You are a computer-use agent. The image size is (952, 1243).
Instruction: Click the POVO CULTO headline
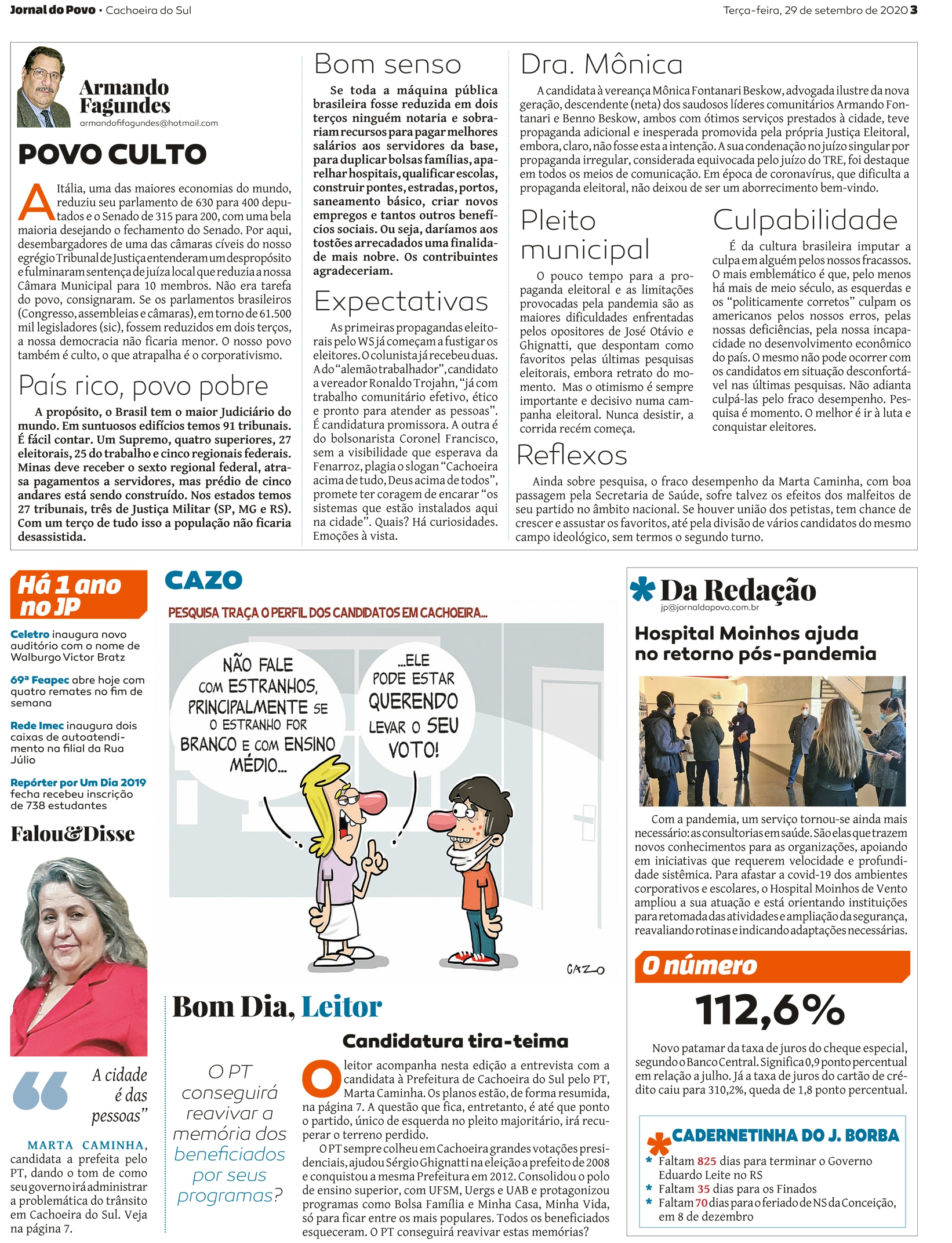click(112, 154)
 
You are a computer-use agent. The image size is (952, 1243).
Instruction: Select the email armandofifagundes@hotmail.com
click(148, 123)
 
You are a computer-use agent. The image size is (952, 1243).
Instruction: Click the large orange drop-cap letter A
click(36, 203)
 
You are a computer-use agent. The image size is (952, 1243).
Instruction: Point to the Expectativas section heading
click(401, 301)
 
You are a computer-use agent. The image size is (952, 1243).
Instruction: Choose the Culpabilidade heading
click(805, 220)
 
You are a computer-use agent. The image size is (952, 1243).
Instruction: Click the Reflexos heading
click(571, 455)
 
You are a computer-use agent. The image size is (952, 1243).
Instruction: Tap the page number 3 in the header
click(914, 10)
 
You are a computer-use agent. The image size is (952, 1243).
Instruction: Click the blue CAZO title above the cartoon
click(203, 580)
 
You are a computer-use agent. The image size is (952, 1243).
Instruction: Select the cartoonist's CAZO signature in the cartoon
click(585, 969)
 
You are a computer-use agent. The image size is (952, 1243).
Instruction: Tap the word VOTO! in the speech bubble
click(413, 750)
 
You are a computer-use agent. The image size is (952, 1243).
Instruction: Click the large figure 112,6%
click(770, 1010)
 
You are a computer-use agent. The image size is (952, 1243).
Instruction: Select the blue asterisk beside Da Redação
click(642, 589)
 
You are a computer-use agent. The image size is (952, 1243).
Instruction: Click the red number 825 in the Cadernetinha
click(706, 1161)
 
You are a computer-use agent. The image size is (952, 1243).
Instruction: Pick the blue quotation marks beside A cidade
click(40, 1091)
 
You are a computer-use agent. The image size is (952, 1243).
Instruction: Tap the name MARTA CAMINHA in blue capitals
click(86, 1145)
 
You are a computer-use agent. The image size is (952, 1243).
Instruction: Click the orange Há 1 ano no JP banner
click(78, 595)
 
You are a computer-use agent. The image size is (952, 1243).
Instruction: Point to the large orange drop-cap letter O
click(321, 1079)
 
